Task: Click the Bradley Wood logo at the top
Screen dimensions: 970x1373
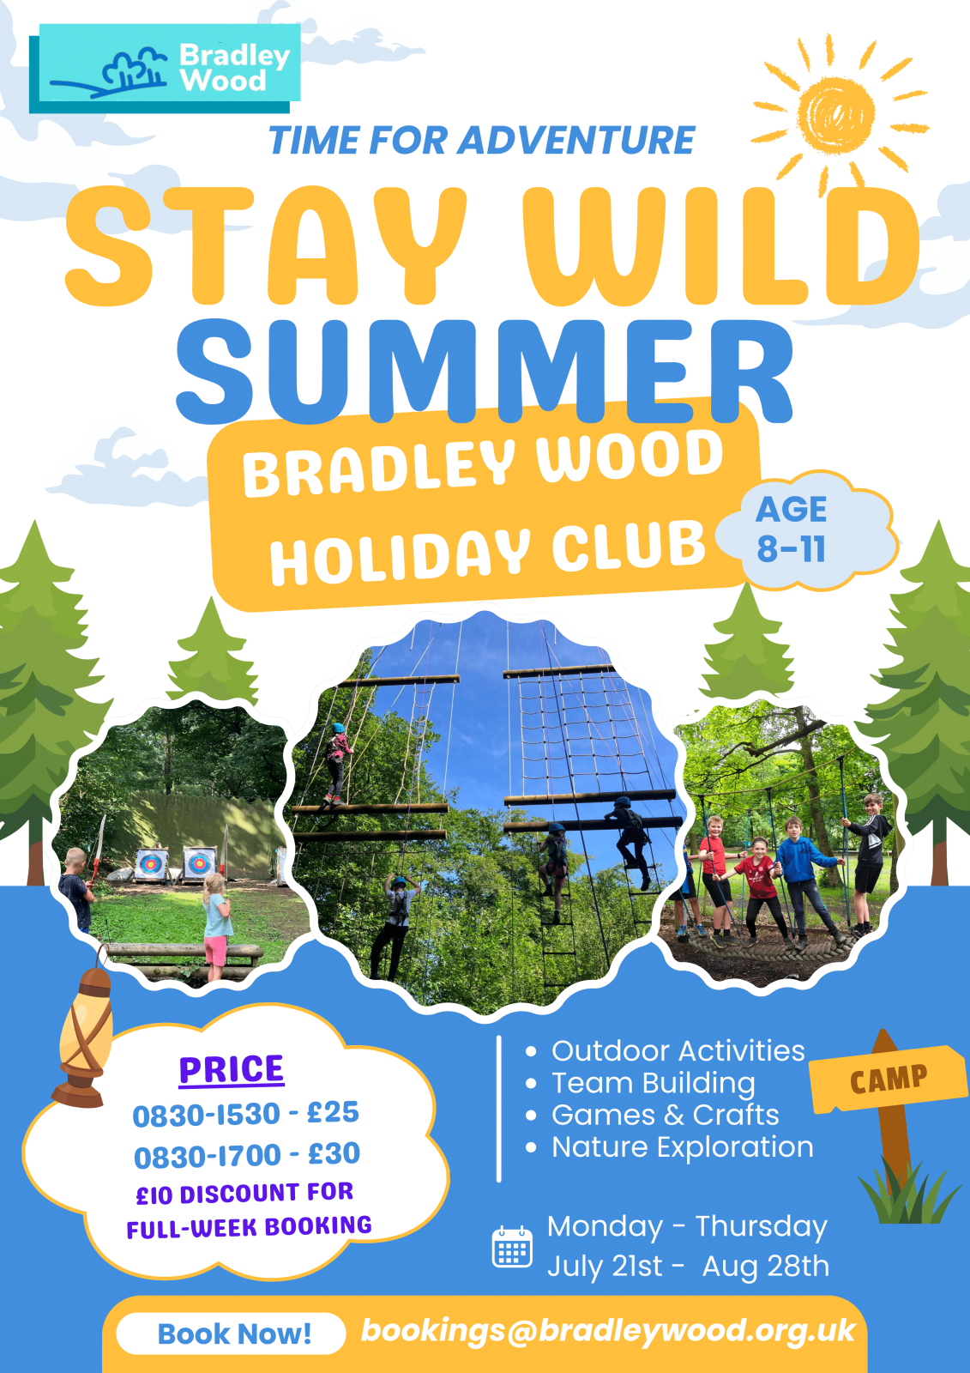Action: click(165, 68)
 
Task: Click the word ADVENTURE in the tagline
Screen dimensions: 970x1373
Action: click(576, 141)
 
